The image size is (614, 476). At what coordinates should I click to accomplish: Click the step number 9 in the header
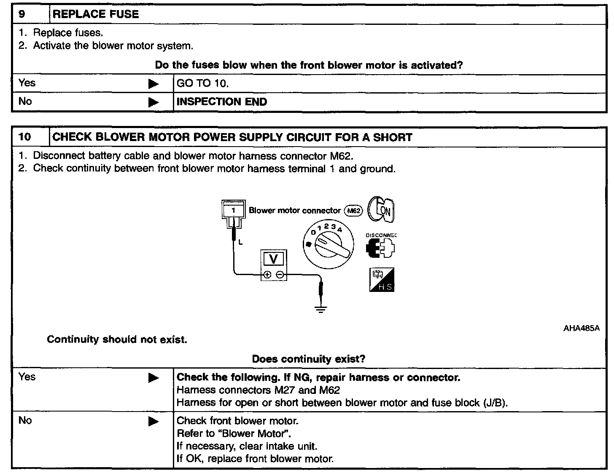point(22,14)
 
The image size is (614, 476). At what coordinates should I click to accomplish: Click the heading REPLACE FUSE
point(96,14)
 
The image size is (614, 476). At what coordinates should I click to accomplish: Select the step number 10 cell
point(25,137)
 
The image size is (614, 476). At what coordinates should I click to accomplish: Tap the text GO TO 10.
point(202,83)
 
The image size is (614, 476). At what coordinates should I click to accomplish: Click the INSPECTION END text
point(221,102)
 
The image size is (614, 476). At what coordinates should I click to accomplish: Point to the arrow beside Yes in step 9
point(153,84)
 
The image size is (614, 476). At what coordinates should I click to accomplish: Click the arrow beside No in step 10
point(153,421)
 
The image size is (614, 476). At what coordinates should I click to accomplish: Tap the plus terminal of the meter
point(267,275)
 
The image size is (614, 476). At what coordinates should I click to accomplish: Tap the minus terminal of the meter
point(280,275)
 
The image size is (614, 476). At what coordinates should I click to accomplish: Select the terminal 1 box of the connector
point(233,210)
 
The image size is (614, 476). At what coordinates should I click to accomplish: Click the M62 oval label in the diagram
point(353,211)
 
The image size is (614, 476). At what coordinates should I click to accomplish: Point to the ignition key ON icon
point(381,209)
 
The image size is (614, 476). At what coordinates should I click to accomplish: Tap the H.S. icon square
point(382,280)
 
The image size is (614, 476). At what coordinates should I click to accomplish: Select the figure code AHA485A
point(581,328)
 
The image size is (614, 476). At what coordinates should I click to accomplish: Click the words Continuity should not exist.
point(117,340)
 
